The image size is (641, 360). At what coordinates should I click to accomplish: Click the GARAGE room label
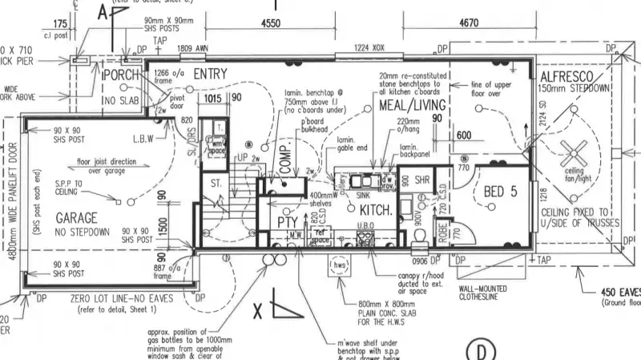(76, 218)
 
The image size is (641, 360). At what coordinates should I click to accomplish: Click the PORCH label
(122, 75)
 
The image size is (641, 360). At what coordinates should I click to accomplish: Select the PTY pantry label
(288, 221)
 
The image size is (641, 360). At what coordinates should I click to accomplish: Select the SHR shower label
(423, 179)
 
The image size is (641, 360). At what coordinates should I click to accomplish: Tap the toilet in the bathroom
(420, 235)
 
